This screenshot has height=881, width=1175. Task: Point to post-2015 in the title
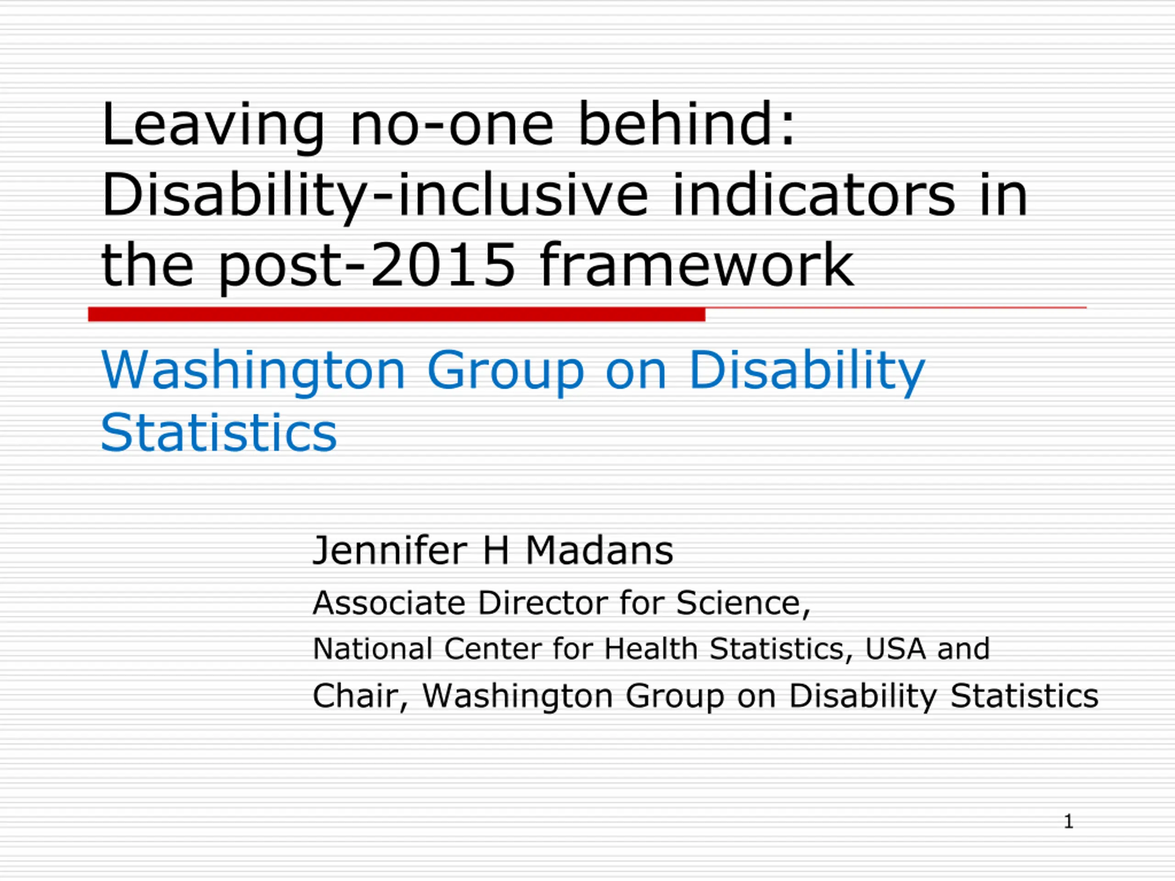click(367, 266)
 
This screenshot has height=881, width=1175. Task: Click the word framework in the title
click(696, 263)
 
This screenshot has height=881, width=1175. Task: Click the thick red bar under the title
click(396, 314)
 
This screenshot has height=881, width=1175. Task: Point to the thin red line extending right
click(895, 307)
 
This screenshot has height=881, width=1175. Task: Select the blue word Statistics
click(219, 433)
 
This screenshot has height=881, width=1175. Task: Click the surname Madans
click(599, 550)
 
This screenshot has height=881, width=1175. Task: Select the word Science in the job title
click(743, 604)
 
